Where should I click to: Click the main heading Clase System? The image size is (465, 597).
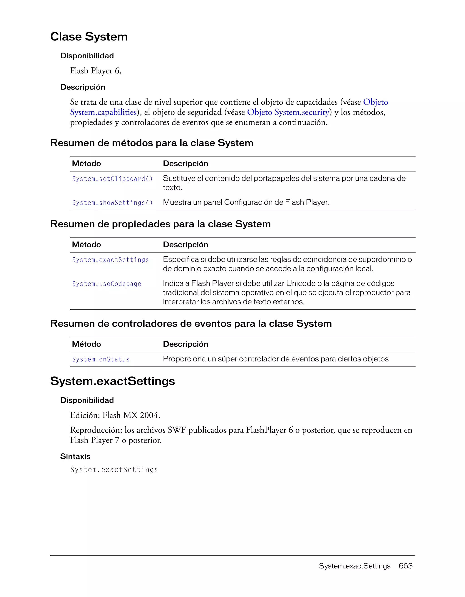point(89,37)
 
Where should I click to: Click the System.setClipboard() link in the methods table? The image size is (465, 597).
point(112,179)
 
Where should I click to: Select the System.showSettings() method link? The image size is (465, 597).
point(112,203)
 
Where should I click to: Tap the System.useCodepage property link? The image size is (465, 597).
point(106,284)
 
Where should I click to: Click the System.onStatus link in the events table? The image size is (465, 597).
point(101,359)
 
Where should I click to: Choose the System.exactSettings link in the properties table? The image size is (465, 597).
point(110,260)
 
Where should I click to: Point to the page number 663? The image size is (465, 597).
point(406,566)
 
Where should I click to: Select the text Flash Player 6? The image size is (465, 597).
point(96,71)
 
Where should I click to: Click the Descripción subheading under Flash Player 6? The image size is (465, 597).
point(82,87)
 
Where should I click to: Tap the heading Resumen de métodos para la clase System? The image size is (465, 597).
point(152,143)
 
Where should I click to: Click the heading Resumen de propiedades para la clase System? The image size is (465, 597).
point(160,224)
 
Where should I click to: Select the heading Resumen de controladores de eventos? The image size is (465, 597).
point(191,324)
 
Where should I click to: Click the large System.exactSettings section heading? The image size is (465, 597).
point(112,381)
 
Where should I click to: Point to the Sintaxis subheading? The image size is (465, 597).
point(75,457)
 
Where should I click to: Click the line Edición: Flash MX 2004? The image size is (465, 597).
point(115,415)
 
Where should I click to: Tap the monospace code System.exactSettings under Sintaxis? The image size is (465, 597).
point(114,470)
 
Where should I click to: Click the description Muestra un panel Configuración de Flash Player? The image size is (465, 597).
point(246,202)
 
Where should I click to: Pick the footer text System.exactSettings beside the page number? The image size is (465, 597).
point(354,566)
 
